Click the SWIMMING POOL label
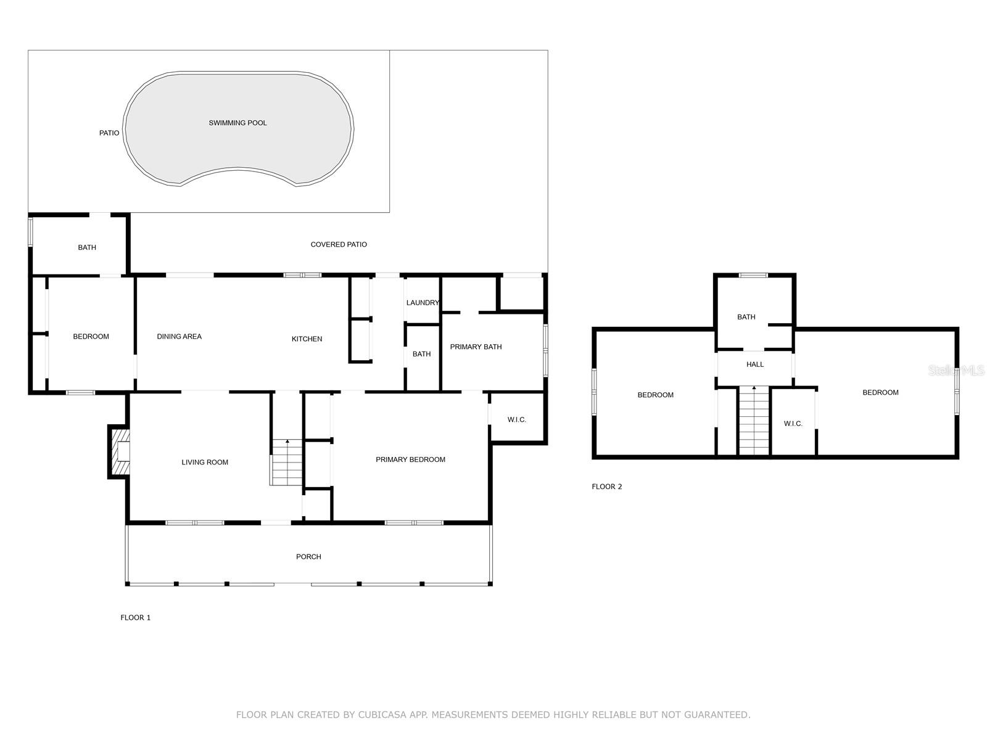point(237,123)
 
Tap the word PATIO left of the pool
point(109,133)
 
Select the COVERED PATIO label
point(339,244)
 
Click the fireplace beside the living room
point(119,451)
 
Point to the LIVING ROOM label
point(205,462)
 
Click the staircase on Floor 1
point(286,462)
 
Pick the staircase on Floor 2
point(754,421)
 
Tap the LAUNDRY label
point(423,303)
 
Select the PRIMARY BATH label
point(476,347)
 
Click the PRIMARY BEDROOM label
point(411,459)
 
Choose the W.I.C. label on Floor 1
point(517,420)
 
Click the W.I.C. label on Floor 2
point(793,424)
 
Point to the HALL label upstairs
point(755,364)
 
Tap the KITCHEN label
point(307,339)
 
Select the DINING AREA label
point(179,337)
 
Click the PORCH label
point(308,557)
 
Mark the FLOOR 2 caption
point(606,487)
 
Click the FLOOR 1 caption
point(135,618)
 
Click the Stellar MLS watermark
point(956,370)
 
